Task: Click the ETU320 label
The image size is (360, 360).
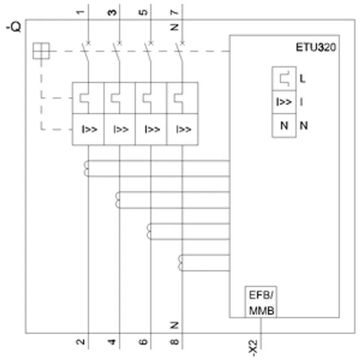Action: click(x=316, y=47)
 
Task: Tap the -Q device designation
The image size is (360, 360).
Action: click(x=13, y=27)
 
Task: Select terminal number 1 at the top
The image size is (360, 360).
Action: click(x=80, y=12)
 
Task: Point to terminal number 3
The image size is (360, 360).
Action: click(x=112, y=12)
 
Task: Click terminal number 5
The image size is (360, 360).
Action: click(x=143, y=12)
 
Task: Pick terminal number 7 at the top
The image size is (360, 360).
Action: click(x=175, y=12)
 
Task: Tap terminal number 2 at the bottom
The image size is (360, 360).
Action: click(x=80, y=342)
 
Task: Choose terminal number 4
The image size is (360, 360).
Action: click(x=112, y=342)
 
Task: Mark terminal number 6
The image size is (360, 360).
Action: click(x=143, y=342)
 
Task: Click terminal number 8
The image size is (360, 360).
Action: click(x=175, y=342)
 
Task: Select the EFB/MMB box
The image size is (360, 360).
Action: click(x=261, y=302)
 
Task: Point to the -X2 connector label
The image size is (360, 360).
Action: click(x=253, y=347)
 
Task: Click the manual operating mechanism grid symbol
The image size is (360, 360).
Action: click(x=41, y=51)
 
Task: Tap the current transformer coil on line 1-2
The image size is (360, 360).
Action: click(x=86, y=168)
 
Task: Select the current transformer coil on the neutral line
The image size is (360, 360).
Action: click(x=181, y=263)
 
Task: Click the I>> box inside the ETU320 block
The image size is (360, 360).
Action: click(x=284, y=102)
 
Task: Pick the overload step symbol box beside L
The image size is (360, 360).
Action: click(x=284, y=79)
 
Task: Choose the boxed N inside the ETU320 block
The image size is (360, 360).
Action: click(x=284, y=126)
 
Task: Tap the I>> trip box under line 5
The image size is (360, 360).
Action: click(x=151, y=129)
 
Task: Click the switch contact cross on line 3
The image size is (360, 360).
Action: click(x=120, y=43)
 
